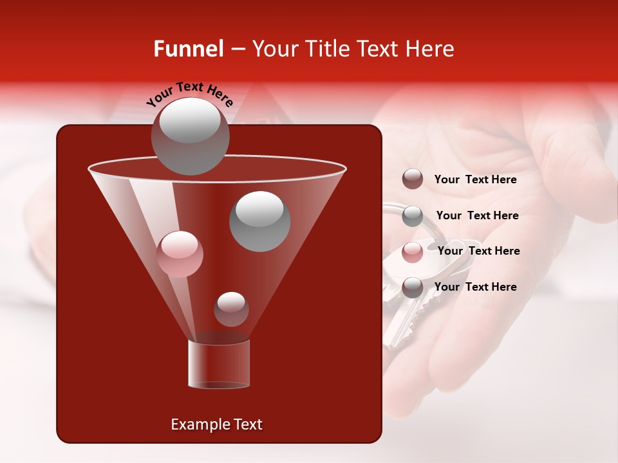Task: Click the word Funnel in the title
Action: coord(189,49)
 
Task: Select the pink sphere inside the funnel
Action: coord(180,254)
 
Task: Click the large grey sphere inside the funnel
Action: coord(259,221)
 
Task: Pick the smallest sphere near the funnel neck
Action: coord(231,309)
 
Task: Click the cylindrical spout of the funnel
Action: coord(219,364)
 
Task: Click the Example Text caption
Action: coord(216,424)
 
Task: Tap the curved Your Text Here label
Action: coord(190,93)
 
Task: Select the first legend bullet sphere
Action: coord(412,179)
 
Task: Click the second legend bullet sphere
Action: coord(412,215)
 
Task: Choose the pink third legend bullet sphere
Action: coord(412,251)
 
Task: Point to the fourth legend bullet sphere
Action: coord(412,287)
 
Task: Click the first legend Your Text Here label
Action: coord(475,180)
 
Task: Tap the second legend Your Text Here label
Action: coord(477,216)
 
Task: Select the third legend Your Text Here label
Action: coord(478,251)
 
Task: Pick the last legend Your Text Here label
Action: coord(475,287)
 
